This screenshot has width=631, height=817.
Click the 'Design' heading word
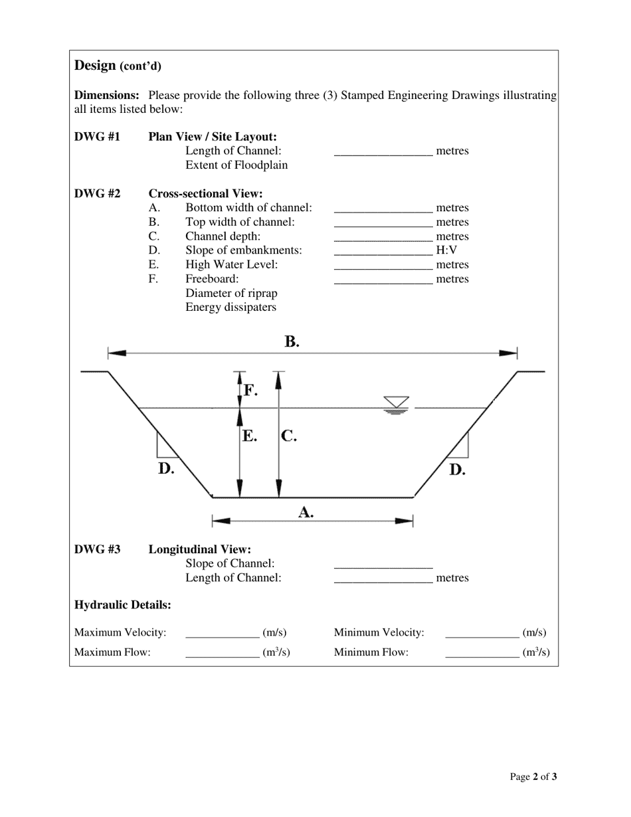tap(95, 65)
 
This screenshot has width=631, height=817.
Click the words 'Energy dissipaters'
tap(230, 308)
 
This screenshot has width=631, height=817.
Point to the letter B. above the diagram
tap(292, 341)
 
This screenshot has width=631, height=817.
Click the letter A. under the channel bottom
tap(306, 512)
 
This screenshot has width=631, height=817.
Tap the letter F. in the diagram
tap(250, 390)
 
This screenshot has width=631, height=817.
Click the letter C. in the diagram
tap(288, 436)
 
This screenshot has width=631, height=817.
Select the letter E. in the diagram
tap(249, 436)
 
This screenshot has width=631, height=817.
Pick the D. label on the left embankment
tap(166, 468)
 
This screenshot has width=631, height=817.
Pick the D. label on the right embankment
tap(457, 470)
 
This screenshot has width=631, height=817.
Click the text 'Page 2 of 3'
tap(533, 776)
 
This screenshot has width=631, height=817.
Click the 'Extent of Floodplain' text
tap(236, 165)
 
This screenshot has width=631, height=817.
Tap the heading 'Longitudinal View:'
tap(199, 549)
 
